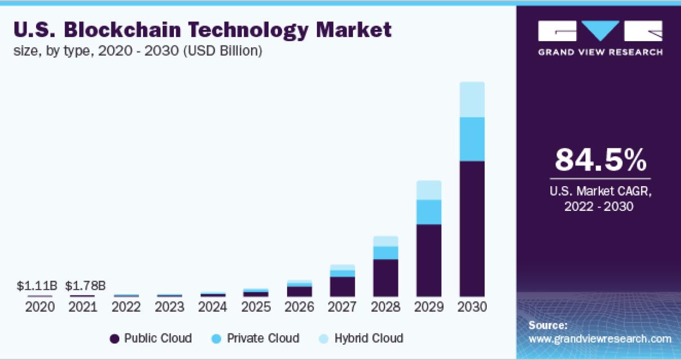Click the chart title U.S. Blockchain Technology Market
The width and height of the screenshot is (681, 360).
[203, 30]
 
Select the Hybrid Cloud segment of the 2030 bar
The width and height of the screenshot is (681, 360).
[472, 100]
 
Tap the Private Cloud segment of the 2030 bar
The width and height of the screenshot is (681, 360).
[472, 139]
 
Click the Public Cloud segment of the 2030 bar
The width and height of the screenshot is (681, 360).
[472, 228]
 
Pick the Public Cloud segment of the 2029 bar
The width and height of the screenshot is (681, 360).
[429, 260]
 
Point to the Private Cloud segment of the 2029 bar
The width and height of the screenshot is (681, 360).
[429, 212]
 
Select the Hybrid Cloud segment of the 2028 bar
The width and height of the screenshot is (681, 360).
[386, 241]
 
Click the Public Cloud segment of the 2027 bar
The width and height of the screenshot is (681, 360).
[342, 286]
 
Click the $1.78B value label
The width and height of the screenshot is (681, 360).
[86, 286]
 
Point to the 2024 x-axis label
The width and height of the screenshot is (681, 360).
[213, 308]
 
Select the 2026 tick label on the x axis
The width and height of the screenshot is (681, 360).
[299, 308]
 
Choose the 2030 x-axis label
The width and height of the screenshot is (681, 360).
[472, 308]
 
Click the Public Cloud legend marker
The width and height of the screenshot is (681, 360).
[115, 339]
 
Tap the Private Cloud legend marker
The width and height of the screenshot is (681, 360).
[217, 339]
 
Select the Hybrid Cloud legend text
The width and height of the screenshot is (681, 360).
[369, 338]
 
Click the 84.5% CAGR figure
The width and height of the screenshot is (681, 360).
[600, 160]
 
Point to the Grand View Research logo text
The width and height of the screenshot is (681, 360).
[600, 52]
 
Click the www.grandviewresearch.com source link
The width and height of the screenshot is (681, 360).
[600, 339]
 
